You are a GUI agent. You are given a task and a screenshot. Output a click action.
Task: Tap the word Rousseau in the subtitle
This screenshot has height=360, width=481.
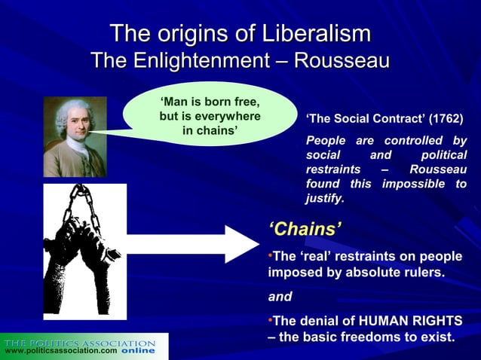(x=342, y=59)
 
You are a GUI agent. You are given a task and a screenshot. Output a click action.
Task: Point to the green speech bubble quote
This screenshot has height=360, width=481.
(x=210, y=117)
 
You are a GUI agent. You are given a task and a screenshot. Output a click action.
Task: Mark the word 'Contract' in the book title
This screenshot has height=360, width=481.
(x=400, y=119)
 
